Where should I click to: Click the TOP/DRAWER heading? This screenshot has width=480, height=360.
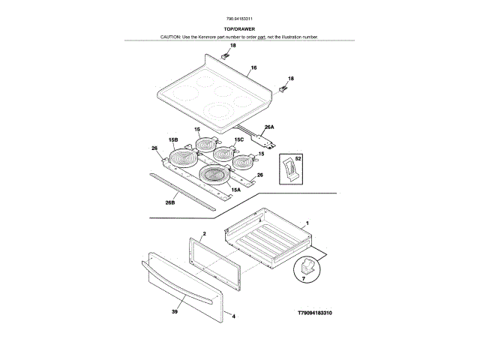[240, 28]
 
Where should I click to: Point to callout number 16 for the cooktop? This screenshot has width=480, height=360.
[254, 67]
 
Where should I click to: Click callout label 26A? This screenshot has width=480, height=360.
[268, 127]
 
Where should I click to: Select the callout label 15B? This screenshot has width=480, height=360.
[172, 140]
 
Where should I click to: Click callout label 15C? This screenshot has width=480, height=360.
[239, 139]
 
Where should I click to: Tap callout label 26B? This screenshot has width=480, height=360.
[170, 202]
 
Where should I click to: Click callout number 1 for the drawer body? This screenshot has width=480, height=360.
[307, 223]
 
